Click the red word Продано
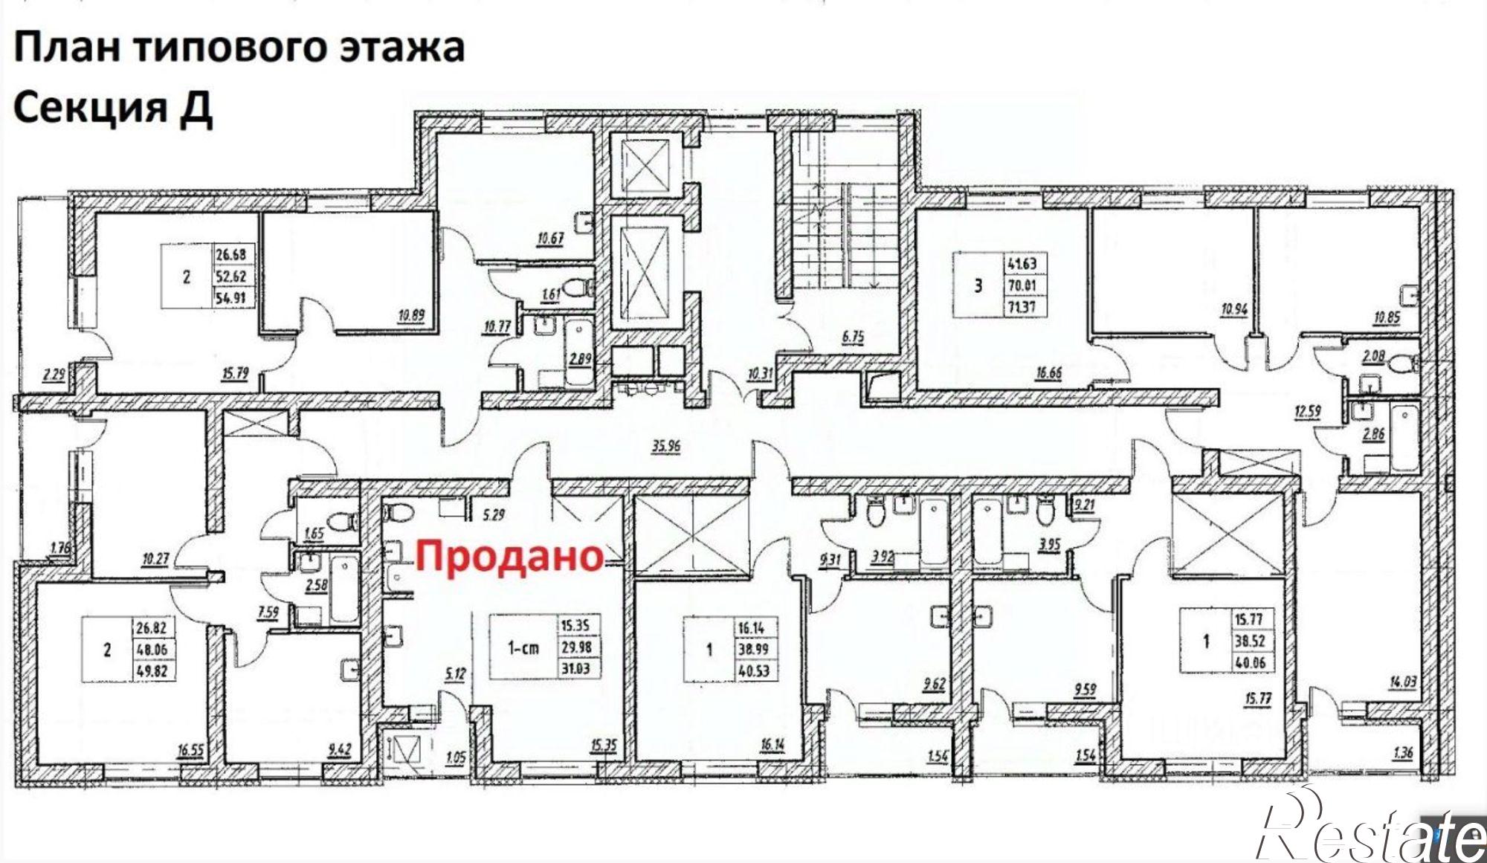click(x=509, y=556)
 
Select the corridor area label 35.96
click(x=665, y=447)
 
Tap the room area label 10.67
click(x=549, y=239)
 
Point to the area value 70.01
click(x=1022, y=285)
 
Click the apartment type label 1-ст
click(x=523, y=648)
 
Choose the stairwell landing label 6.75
click(x=853, y=337)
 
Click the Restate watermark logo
click(x=1368, y=833)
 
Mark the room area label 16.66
click(x=1048, y=373)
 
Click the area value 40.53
click(x=753, y=671)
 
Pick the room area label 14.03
click(x=1401, y=679)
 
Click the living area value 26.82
click(x=152, y=627)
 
